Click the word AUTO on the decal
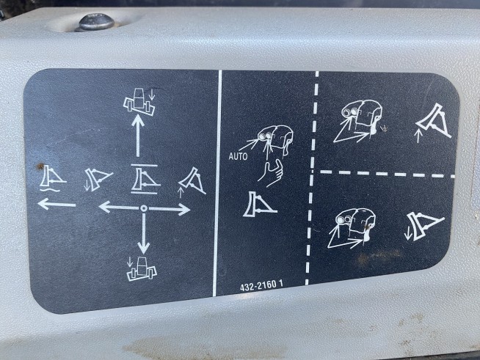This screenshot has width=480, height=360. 238,157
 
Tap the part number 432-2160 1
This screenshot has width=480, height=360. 261,286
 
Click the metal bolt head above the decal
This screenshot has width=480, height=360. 97,22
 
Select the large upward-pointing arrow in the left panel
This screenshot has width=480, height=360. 138,136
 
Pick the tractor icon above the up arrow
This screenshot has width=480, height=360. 139,101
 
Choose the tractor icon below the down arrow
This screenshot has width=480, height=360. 142,268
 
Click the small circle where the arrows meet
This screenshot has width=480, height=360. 144,209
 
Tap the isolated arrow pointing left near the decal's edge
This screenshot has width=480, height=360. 57,204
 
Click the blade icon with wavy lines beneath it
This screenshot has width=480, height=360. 51,179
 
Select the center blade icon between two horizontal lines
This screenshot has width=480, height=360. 145,179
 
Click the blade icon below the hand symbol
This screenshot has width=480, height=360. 259,205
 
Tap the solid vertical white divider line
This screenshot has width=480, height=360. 217,183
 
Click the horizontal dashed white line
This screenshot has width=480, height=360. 388,174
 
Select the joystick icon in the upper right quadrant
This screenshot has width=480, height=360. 358,121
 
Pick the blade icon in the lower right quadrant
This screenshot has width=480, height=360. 425,225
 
